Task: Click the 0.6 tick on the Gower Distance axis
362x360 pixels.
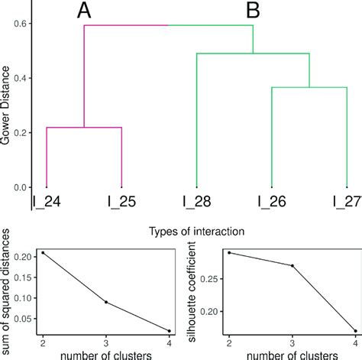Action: pos(22,24)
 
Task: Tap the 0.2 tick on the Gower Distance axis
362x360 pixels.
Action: pos(22,133)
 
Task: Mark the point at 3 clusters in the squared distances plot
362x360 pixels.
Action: pos(106,302)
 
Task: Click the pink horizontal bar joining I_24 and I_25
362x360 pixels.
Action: pos(84,128)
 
